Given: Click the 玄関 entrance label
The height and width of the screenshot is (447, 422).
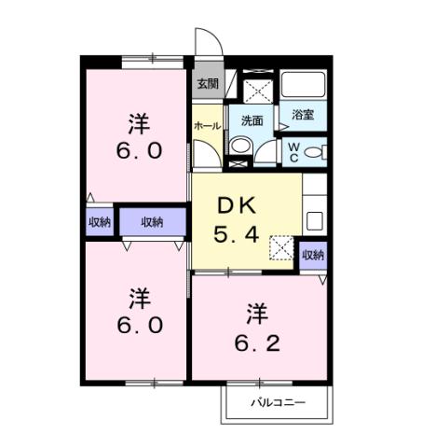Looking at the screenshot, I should [206, 83].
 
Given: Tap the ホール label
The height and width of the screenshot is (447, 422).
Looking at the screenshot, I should [206, 124].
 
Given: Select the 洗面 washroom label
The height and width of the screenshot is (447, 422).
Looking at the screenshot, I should [252, 120].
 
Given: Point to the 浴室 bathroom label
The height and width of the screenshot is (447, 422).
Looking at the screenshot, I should [302, 115].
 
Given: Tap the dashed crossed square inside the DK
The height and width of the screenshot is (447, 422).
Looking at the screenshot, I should [280, 247].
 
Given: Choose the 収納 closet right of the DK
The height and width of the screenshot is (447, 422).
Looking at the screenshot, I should [313, 255].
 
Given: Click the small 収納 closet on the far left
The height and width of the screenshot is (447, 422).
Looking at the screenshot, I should [99, 222].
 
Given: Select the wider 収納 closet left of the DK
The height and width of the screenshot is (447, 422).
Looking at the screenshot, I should [152, 222].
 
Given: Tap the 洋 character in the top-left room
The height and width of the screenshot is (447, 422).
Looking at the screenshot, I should [138, 122].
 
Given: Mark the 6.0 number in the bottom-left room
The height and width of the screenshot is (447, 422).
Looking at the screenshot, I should [139, 326].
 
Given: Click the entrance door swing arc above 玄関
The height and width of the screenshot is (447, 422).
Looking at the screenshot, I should [205, 42].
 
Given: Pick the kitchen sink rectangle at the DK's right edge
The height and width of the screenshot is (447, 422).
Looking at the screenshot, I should [314, 222].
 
